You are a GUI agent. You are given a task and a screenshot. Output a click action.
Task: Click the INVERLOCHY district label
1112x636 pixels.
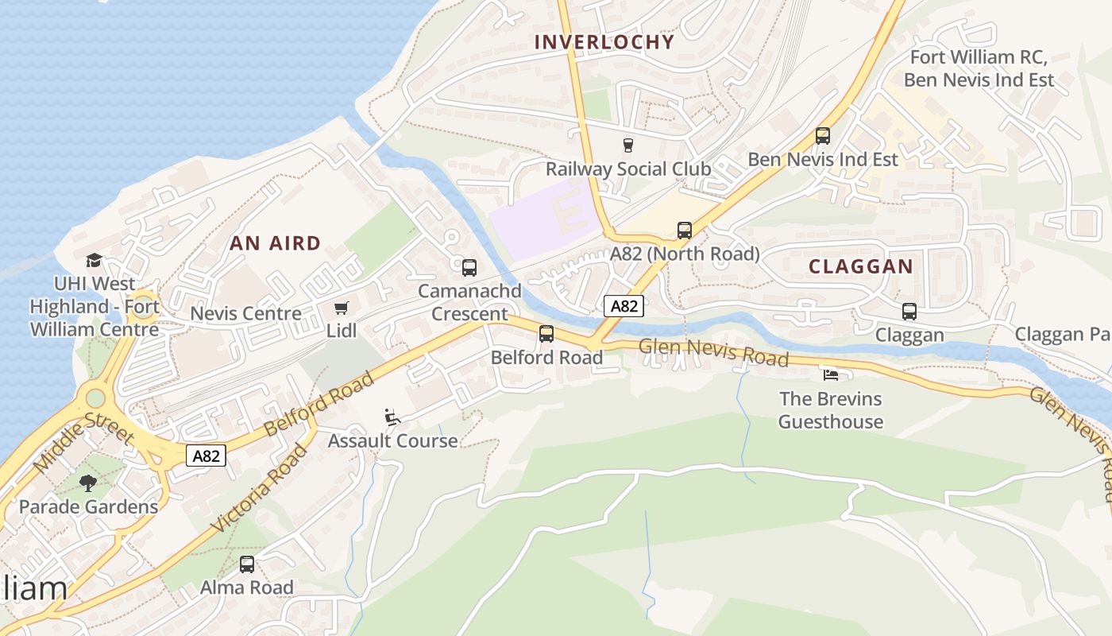(x=604, y=42)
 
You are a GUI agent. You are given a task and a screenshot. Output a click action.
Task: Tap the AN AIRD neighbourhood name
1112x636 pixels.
(x=276, y=243)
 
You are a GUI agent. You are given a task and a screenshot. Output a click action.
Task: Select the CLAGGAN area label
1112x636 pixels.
(x=861, y=266)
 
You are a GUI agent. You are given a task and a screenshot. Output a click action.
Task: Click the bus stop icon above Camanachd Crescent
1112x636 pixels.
(x=469, y=268)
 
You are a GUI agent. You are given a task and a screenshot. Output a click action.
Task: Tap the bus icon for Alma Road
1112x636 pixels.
(x=247, y=564)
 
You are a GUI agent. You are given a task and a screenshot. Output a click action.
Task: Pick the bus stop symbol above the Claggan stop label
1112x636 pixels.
(x=909, y=312)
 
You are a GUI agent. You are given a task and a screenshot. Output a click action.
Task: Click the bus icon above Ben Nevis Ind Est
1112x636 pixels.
(x=823, y=136)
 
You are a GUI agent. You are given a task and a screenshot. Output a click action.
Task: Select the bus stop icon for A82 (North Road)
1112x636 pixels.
(x=685, y=231)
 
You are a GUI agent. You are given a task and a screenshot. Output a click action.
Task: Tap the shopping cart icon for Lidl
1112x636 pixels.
(x=342, y=308)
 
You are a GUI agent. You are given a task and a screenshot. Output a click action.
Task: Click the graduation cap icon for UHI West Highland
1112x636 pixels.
(x=95, y=260)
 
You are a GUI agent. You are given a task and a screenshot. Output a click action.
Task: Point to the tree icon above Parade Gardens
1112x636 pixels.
(x=88, y=483)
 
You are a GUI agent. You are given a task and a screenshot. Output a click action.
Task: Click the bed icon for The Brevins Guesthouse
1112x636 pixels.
(x=831, y=374)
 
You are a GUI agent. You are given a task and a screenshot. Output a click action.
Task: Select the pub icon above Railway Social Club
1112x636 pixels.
(x=628, y=145)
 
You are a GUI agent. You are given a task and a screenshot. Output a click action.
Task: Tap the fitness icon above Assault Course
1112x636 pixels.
(x=392, y=417)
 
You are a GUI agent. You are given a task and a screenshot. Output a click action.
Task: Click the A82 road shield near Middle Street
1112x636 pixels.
(x=207, y=456)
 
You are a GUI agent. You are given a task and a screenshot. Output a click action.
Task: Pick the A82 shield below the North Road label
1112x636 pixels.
(x=624, y=306)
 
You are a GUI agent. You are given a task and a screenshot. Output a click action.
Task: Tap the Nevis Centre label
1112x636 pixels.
(x=245, y=313)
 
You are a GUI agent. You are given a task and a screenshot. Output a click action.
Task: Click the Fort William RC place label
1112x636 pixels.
(x=979, y=57)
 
